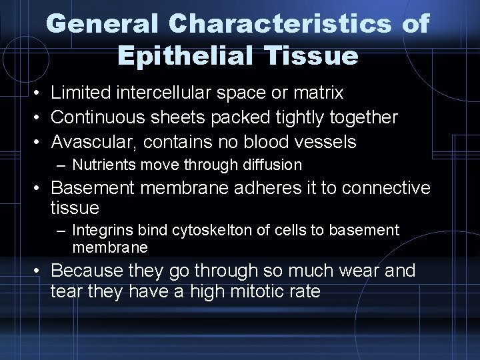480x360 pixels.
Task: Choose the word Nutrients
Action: click(x=102, y=164)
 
